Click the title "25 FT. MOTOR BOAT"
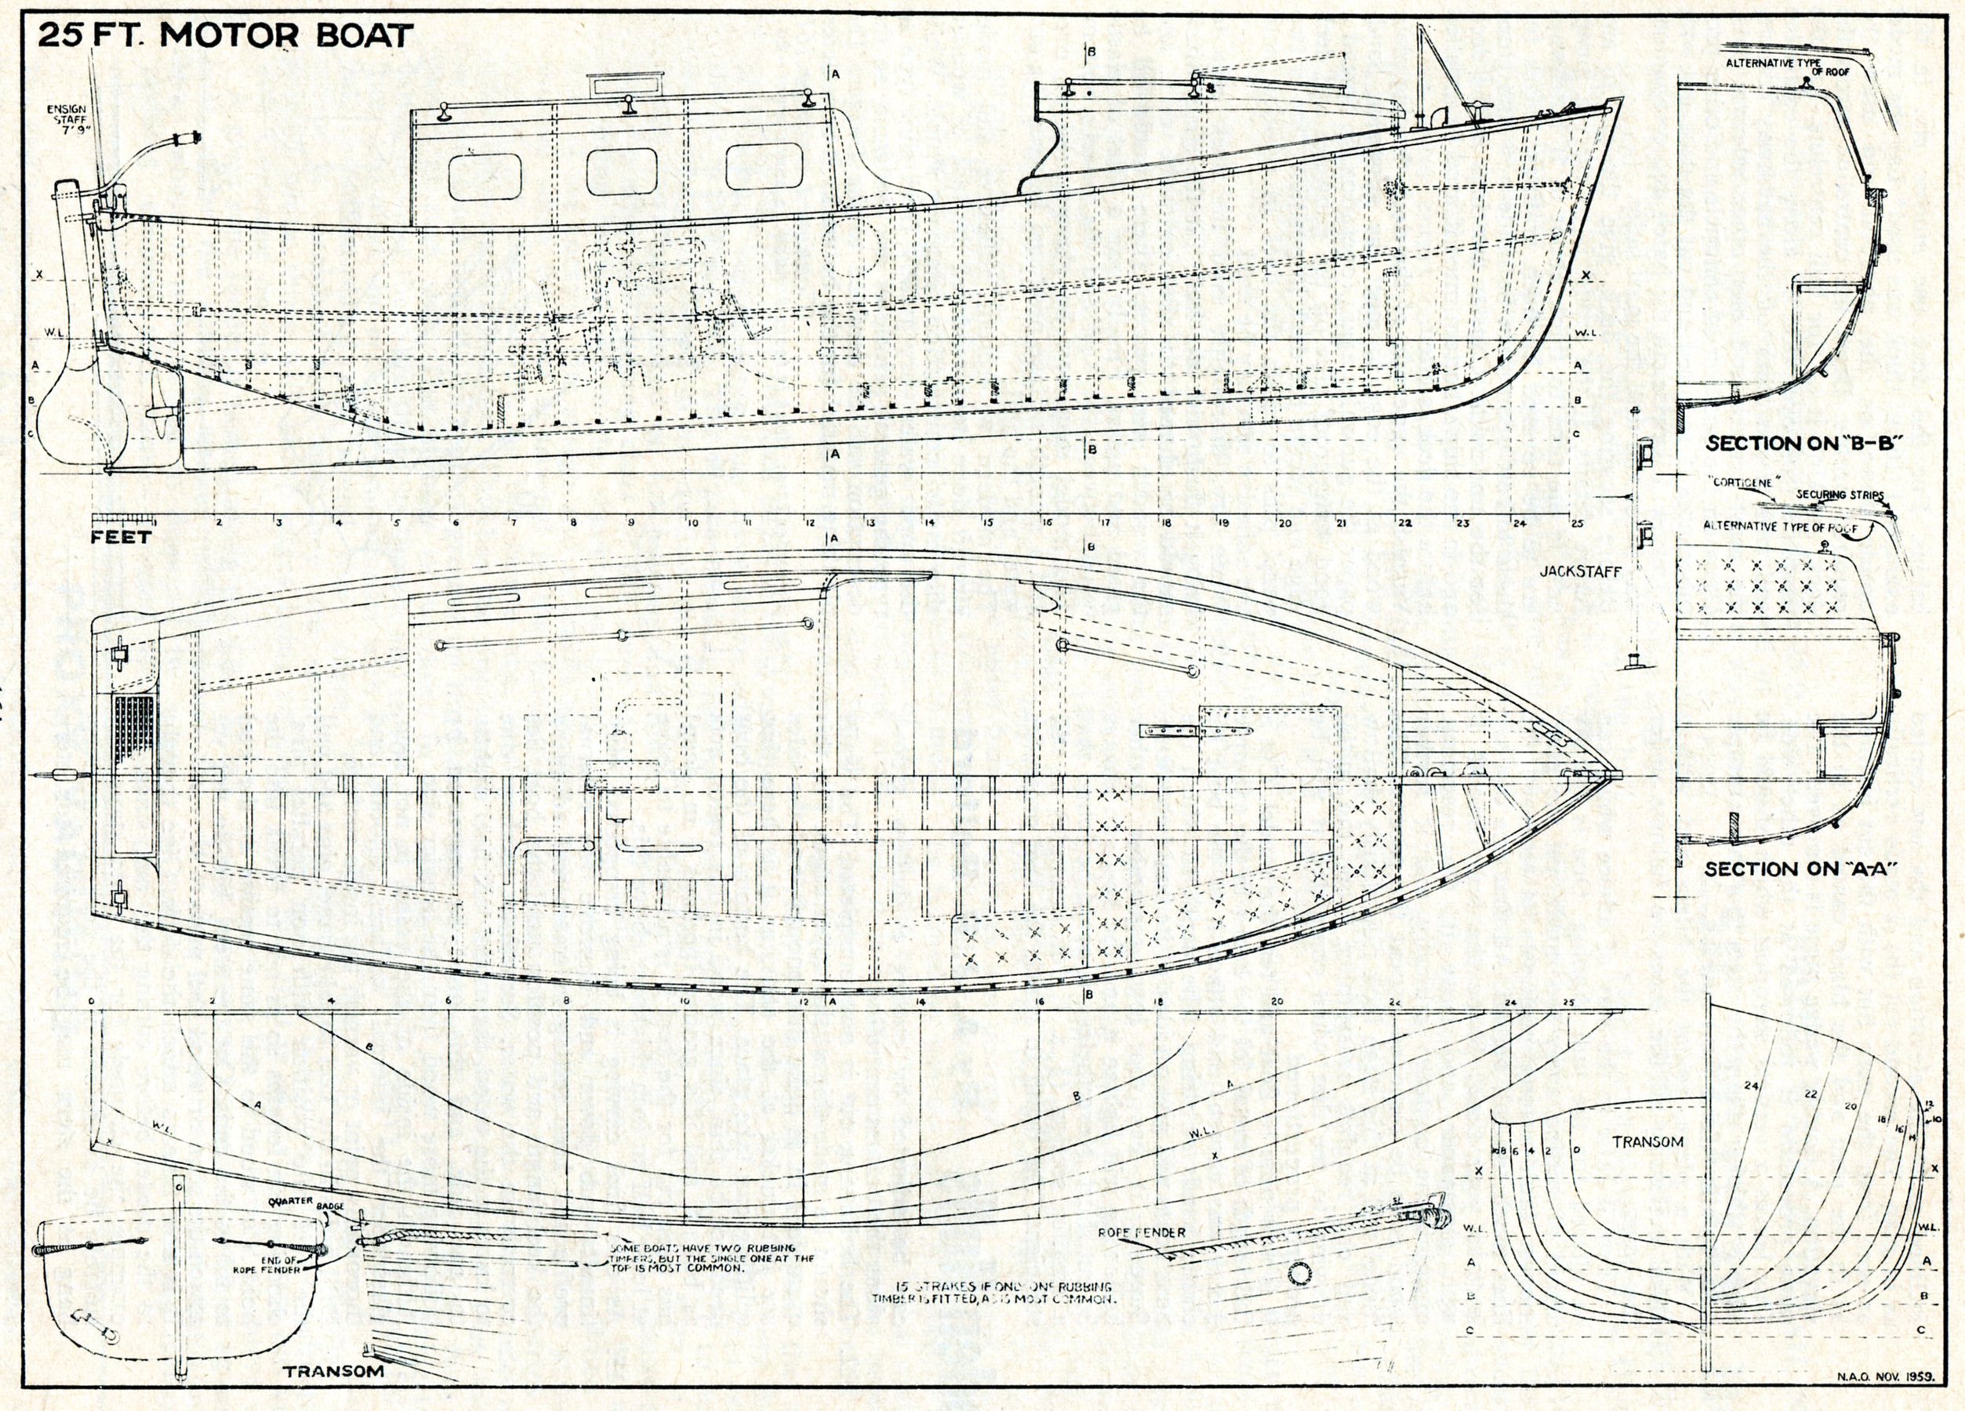click(224, 35)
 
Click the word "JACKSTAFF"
click(1582, 571)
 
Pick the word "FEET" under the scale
click(121, 537)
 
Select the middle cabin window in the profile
click(621, 171)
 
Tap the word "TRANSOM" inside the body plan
click(1647, 1141)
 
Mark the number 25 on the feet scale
click(1575, 522)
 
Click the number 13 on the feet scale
click(870, 522)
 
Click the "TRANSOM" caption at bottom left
click(332, 1372)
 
